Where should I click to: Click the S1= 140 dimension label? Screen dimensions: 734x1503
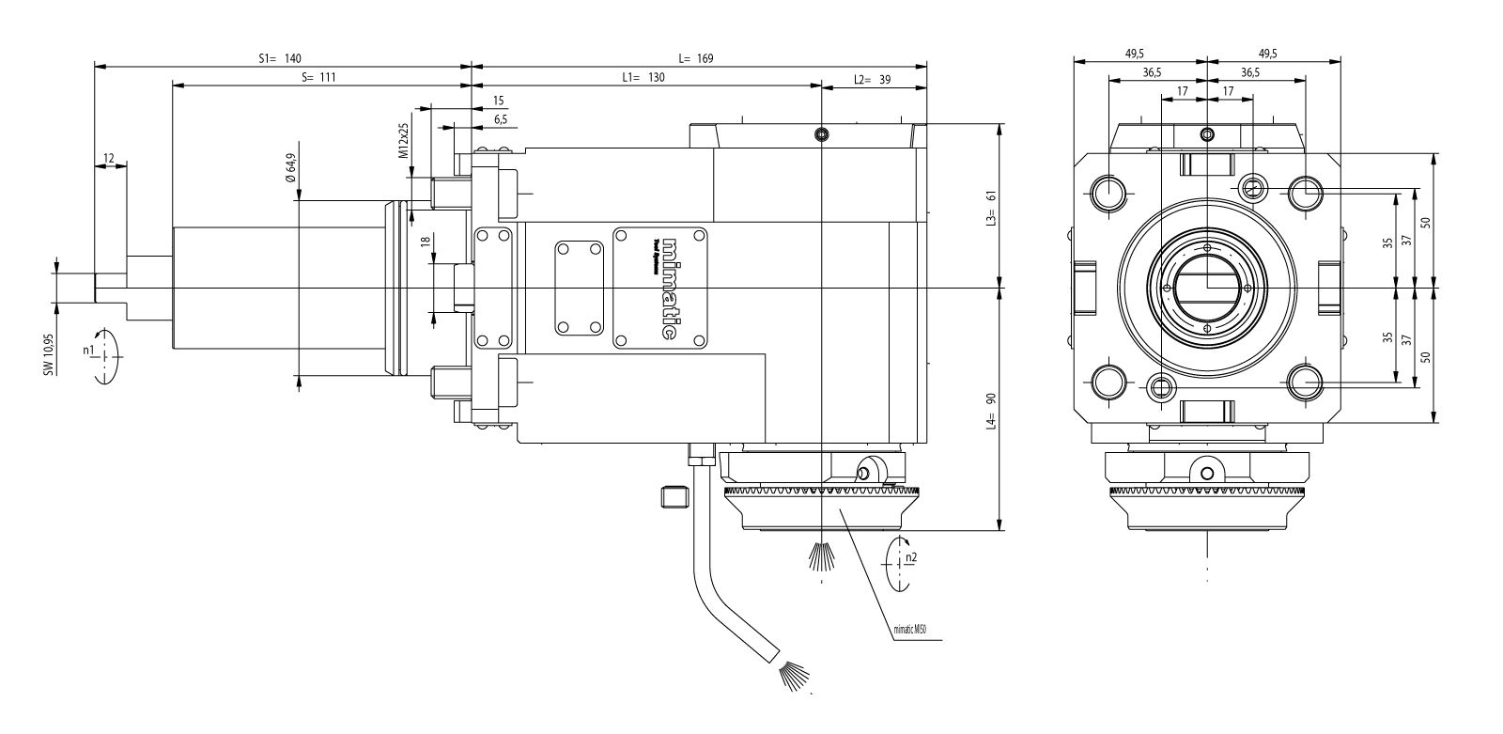tap(280, 58)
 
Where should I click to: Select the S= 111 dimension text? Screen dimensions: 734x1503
tap(319, 78)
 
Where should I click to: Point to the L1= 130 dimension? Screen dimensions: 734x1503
tap(643, 78)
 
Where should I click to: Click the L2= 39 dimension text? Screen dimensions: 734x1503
tap(873, 80)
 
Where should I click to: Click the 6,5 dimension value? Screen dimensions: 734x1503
tap(500, 119)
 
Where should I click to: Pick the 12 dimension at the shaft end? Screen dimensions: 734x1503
tap(110, 158)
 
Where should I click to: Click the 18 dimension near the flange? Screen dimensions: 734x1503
tap(426, 242)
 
